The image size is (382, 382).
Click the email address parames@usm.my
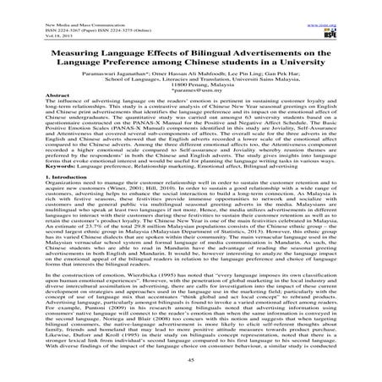pyautogui.click(x=191, y=90)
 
